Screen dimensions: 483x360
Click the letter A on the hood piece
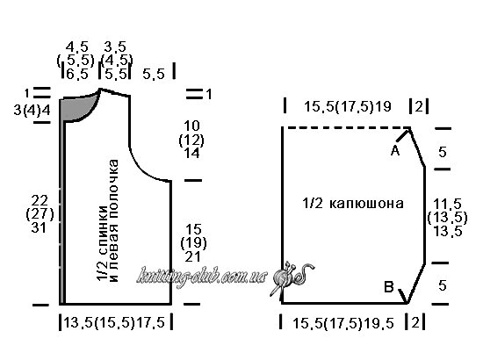coord(395,151)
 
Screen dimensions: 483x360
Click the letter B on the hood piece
coord(389,287)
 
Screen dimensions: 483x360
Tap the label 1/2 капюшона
coord(353,204)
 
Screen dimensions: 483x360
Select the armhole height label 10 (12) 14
coord(191,140)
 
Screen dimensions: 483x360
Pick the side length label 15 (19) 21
coord(193,243)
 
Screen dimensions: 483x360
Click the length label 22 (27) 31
coord(40,214)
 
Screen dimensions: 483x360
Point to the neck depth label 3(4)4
coord(32,110)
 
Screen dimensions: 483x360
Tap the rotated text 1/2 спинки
coord(102,243)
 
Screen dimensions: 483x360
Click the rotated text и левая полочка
coord(114,220)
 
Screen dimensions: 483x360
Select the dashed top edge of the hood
coord(346,127)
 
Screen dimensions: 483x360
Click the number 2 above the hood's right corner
coord(419,106)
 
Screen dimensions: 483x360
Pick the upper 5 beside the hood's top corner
coord(443,152)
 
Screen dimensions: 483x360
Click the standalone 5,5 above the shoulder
coord(154,75)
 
